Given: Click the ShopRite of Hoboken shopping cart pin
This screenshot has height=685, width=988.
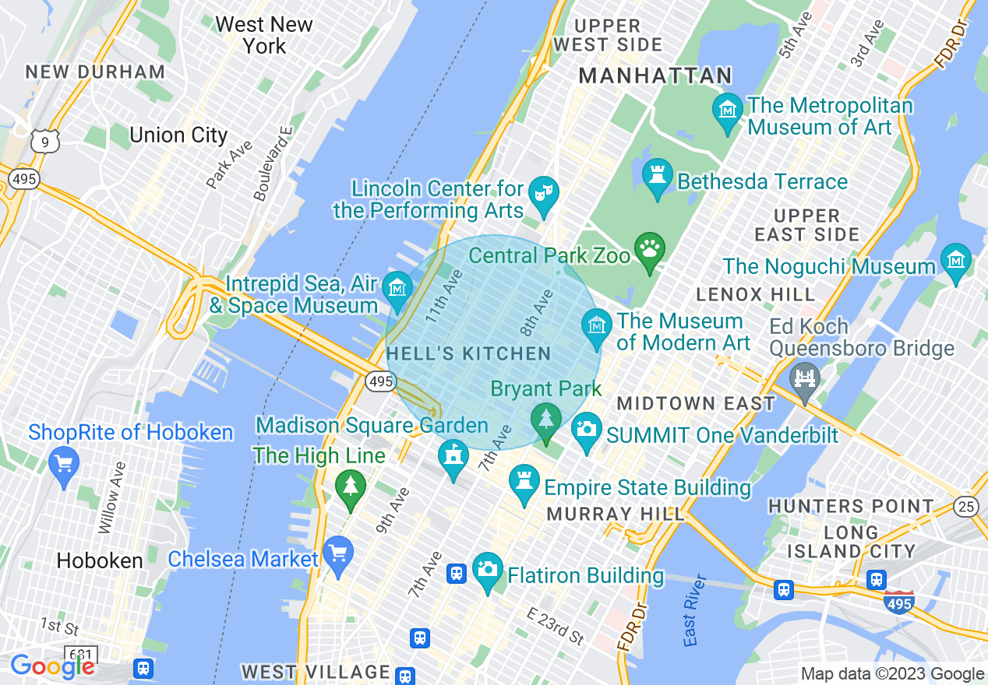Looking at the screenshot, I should [x=64, y=463].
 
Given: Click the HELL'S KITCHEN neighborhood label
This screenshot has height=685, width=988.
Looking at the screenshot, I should [x=468, y=354].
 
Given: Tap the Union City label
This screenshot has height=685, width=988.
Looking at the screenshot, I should [x=178, y=135].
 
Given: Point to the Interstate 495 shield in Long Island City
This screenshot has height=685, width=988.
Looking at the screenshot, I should [x=898, y=602].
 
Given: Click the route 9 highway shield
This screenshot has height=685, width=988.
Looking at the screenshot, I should [x=44, y=141].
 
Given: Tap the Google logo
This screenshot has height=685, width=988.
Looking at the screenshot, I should [x=52, y=666].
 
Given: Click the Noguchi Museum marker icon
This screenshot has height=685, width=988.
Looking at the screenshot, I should [x=955, y=261].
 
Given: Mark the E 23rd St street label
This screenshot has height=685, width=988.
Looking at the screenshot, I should [x=555, y=626].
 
